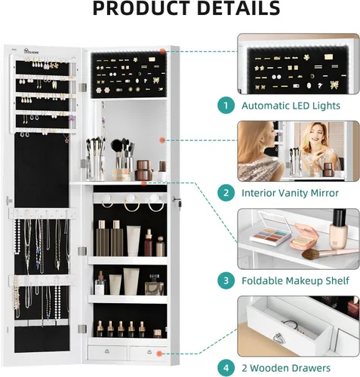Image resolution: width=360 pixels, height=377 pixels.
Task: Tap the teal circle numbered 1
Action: [226, 106]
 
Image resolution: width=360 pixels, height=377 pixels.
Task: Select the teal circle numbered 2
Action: [226, 193]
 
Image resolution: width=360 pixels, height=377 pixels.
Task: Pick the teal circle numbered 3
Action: [226, 280]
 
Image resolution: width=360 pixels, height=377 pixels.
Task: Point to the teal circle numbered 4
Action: [226, 368]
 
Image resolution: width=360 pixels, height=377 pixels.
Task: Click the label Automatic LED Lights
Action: [291, 106]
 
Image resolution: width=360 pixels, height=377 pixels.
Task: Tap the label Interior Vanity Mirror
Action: [290, 193]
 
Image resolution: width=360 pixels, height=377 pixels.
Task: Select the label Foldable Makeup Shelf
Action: [295, 280]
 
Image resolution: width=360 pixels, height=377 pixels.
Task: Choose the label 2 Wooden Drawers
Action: [286, 368]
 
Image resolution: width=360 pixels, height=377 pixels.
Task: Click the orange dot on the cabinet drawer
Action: [159, 354]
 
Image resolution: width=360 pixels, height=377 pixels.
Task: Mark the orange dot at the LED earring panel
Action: [163, 51]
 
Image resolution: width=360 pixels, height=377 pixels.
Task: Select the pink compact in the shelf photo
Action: [304, 236]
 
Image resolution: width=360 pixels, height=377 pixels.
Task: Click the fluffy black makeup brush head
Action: [116, 146]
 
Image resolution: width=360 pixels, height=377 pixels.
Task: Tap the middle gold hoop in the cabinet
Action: [131, 204]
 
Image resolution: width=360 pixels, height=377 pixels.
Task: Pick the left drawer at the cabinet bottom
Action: [107, 352]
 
